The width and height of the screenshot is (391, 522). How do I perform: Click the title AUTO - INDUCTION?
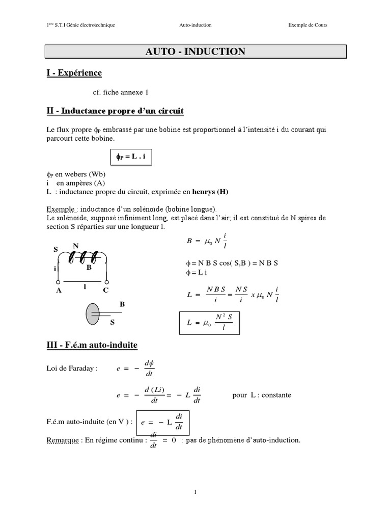point(195,51)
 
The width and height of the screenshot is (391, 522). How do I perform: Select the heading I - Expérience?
point(73,73)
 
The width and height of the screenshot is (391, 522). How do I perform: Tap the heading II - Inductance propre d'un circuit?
point(115,111)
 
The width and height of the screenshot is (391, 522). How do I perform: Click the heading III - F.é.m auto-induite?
point(92,345)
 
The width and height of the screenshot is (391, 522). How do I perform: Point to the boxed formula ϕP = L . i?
point(131,158)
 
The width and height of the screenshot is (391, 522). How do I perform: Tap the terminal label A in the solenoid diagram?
point(59,290)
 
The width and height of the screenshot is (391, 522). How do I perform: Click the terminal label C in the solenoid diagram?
point(106,290)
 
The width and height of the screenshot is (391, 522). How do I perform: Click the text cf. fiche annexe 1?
point(121,92)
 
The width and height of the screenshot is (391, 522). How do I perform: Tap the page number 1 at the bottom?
point(195,492)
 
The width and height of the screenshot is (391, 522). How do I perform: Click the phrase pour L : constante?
point(262,395)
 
